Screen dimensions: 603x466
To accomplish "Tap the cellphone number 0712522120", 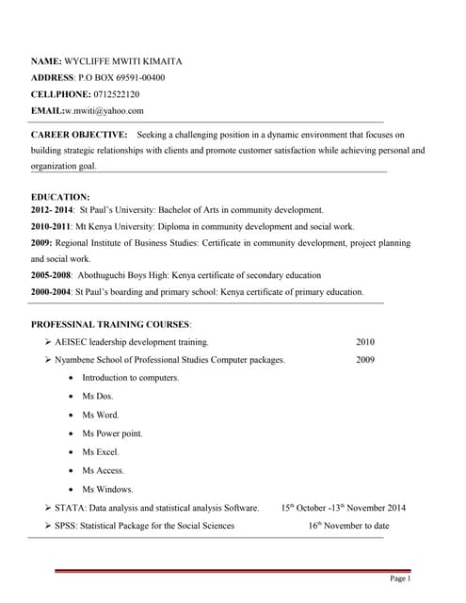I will pos(117,94).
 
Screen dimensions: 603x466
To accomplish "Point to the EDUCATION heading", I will pos(59,196).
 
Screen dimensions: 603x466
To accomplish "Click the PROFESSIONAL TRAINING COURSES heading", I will pos(111,324).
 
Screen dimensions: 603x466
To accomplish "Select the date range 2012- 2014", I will pos(51,210).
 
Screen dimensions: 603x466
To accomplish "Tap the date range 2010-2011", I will pos(51,227).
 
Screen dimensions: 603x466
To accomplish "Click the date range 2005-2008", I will pos(51,275).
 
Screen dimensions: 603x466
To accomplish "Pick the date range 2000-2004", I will pos(51,292).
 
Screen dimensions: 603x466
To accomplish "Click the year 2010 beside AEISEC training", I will pos(365,342).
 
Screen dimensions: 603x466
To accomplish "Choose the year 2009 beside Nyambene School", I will pos(365,360).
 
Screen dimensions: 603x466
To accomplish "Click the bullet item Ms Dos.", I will pos(97,397).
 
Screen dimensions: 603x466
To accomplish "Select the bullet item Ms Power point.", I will pos(112,433).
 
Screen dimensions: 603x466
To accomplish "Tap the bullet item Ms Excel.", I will pos(101,452).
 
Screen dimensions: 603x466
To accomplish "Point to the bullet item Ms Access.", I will pos(103,470).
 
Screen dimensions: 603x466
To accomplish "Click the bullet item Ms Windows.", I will pos(107,489).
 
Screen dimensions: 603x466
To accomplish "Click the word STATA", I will pos(70,508).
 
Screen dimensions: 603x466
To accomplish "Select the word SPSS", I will pos(66,526).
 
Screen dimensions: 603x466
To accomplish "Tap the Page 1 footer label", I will pos(400,579).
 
